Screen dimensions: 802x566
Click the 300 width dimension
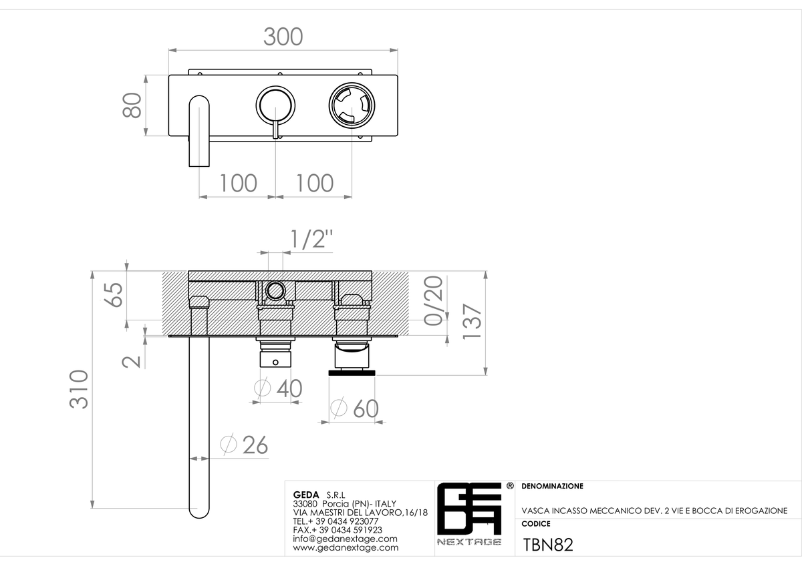pos(283,37)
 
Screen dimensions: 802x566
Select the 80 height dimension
pos(132,105)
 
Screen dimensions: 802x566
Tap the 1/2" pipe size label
pos(311,239)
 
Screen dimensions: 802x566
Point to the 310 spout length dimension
pos(79,389)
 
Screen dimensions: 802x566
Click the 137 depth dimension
pos(473,322)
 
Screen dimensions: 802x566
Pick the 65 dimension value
pos(114,294)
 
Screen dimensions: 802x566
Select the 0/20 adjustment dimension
pos(434,301)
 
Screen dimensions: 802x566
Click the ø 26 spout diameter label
pos(244,445)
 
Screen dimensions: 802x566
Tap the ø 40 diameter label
pos(278,388)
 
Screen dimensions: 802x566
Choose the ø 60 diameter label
pos(354,408)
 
